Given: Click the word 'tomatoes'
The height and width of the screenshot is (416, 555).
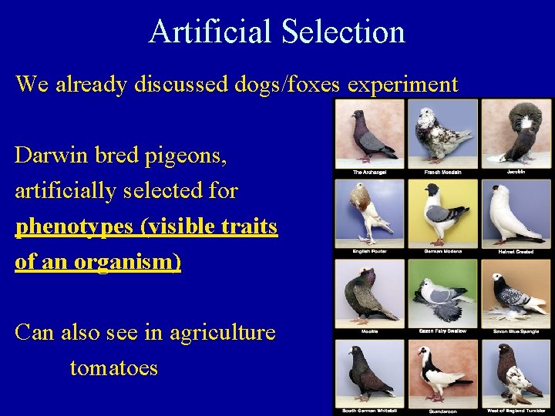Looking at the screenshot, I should [x=113, y=367].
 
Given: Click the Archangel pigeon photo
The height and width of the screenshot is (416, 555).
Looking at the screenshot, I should [x=369, y=133].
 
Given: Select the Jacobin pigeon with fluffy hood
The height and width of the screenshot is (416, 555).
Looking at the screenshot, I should [x=516, y=132].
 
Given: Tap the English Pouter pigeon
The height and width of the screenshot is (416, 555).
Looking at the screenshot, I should [x=369, y=212].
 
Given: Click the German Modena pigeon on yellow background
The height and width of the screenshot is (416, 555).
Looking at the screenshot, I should [x=442, y=212].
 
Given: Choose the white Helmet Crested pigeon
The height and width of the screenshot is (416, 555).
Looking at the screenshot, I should [x=516, y=212].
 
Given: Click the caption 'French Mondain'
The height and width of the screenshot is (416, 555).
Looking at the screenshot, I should [x=442, y=173].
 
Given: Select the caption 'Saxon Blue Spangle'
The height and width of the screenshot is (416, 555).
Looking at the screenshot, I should [x=516, y=331].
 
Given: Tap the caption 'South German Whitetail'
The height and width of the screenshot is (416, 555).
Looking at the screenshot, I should [x=369, y=411].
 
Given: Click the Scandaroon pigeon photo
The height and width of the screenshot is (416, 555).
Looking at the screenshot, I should [x=442, y=371].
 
